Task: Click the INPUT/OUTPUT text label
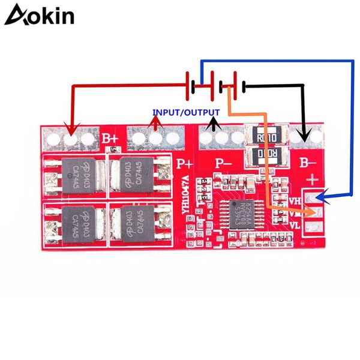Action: (x=185, y=112)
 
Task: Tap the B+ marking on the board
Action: (x=110, y=139)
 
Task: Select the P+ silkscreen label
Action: (x=184, y=161)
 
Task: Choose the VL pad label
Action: (x=295, y=226)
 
